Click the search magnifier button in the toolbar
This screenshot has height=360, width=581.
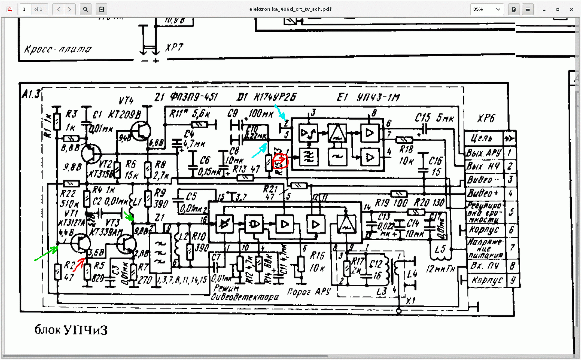point(86,9)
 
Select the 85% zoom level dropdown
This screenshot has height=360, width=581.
point(487,9)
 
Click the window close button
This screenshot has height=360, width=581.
point(572,9)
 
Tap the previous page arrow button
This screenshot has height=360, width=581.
point(58,9)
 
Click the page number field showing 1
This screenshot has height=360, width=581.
point(25,9)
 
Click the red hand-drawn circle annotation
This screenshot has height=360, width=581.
point(280,161)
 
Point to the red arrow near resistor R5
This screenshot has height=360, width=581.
point(79,265)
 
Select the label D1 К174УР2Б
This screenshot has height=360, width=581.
point(267,97)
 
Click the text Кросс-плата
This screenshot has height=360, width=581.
point(58,49)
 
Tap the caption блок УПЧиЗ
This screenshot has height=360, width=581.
point(71,330)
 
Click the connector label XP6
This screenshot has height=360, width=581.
point(486,119)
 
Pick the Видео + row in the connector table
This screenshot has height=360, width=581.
point(483,193)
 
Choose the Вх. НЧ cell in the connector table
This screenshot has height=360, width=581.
point(484,266)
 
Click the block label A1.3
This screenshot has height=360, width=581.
point(31,94)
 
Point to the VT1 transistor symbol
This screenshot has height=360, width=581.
point(80,243)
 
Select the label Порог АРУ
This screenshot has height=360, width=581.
point(309,292)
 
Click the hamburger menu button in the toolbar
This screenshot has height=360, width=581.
point(527,9)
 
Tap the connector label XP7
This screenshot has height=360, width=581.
point(174,47)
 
